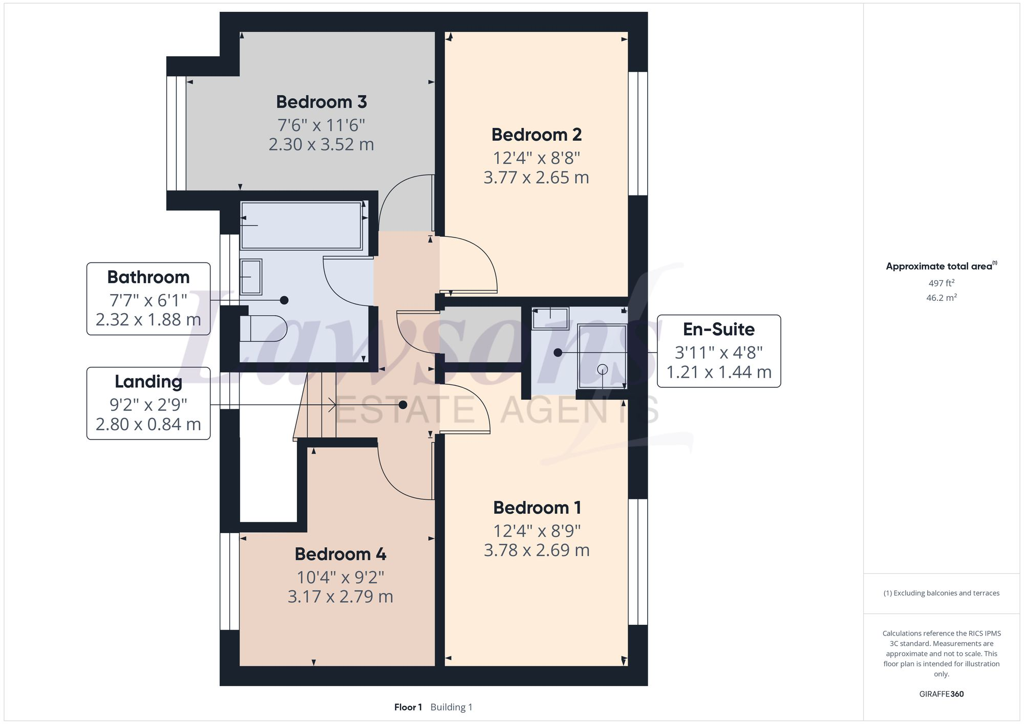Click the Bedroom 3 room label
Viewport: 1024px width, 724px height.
pos(322,102)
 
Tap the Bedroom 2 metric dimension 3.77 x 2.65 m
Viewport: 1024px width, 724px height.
pos(536,178)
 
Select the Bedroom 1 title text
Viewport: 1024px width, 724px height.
pos(537,508)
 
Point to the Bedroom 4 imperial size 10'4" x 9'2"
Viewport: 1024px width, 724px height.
pos(340,577)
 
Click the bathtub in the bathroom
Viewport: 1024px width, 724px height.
pos(302,226)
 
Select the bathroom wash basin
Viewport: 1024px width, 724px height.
pos(251,277)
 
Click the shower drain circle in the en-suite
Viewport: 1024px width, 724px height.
pos(602,369)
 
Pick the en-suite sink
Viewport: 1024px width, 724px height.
pos(550,318)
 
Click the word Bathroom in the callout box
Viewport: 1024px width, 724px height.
pos(148,277)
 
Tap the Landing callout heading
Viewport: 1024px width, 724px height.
pos(148,382)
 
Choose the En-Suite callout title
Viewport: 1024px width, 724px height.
pos(718,329)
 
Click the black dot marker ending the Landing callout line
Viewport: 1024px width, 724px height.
pos(403,405)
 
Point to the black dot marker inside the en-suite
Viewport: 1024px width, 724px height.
pos(558,353)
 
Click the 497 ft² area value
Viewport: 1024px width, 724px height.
pos(941,283)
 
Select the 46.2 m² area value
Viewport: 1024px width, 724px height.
pos(941,297)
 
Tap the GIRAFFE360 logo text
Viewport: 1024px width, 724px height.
pos(941,694)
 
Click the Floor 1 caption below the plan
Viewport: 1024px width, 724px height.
pos(408,707)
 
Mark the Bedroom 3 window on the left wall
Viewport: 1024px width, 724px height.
pos(177,133)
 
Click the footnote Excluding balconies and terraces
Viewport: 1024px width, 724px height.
pos(941,593)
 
